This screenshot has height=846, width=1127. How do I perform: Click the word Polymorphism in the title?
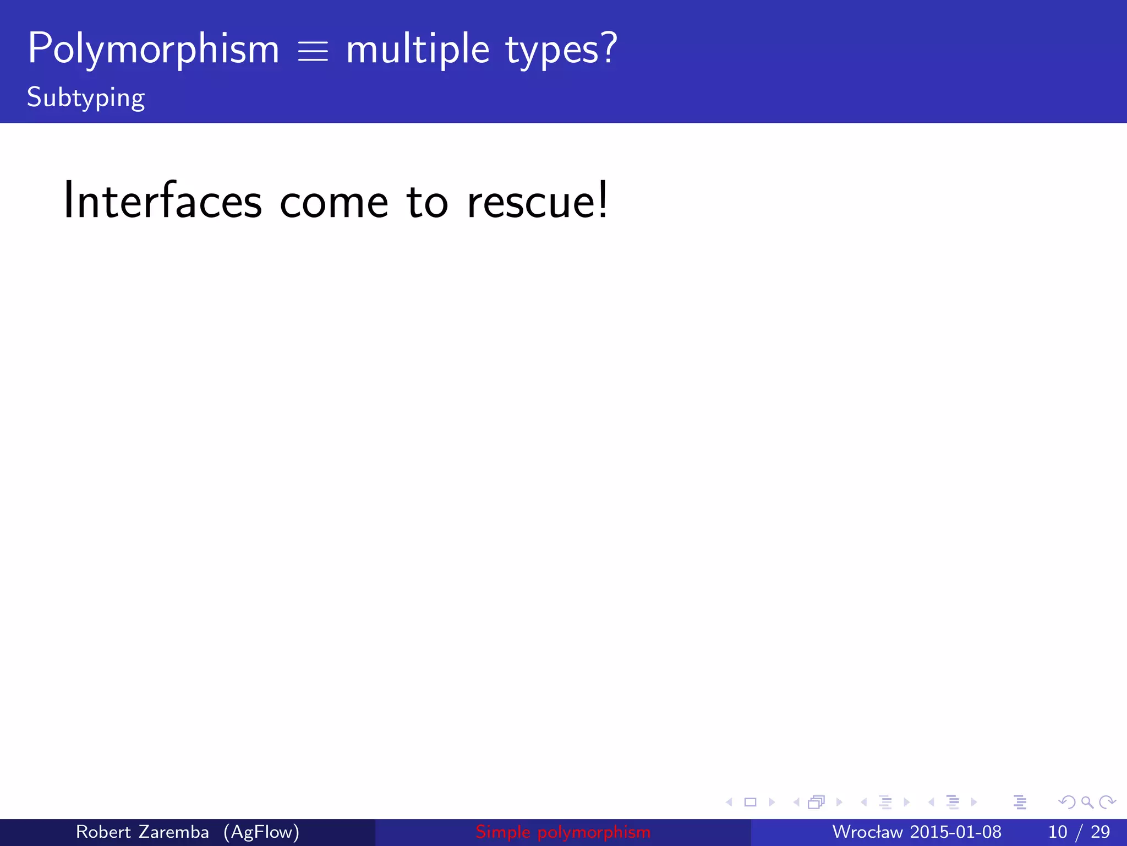coord(154,50)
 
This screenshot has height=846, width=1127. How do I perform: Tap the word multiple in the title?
coord(418,50)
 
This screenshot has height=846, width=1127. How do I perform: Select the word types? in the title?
coord(561,50)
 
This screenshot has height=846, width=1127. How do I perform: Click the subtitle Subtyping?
coord(86,98)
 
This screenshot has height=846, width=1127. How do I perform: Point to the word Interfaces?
coord(163,201)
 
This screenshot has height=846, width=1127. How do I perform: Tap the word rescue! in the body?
coord(538,201)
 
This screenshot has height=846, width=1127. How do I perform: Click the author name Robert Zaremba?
coord(143,832)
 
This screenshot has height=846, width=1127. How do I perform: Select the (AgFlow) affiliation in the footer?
coord(261,832)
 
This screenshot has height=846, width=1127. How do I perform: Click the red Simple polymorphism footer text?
coord(563,832)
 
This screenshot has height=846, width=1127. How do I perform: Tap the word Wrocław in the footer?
coord(867,832)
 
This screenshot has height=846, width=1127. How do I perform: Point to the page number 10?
coord(1058,832)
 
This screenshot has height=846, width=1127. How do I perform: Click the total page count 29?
coord(1100,832)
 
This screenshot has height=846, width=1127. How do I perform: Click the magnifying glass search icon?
coord(1087,802)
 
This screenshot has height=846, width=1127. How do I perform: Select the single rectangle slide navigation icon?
coord(750,802)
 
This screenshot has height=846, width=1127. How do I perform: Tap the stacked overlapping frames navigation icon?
coord(817,802)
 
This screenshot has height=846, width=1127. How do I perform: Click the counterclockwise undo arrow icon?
coord(1067,802)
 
